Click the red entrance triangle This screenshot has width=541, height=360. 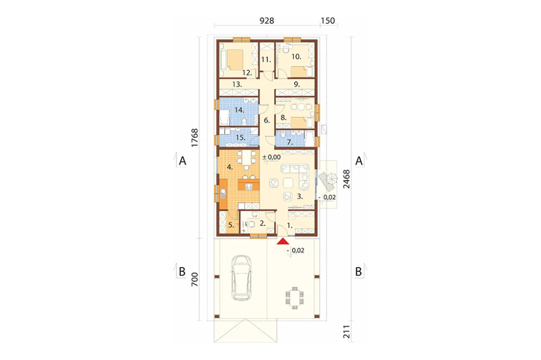tap(283, 241)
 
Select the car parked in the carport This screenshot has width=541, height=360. tap(241, 278)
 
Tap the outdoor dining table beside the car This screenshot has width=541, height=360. tap(295, 296)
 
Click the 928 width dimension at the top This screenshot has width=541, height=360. tap(267, 21)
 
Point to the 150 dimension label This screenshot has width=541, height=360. tap(328, 21)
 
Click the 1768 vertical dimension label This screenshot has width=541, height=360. tap(195, 138)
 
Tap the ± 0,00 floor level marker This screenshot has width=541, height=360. tap(272, 157)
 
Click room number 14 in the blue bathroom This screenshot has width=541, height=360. tap(239, 110)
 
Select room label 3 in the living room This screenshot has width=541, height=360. tap(300, 197)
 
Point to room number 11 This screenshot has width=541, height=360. tap(266, 59)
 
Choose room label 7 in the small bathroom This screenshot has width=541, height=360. tap(290, 142)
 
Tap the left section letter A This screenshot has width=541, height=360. tap(182, 161)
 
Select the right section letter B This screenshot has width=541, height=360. tap(359, 272)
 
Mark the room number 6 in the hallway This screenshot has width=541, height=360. tap(267, 121)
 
